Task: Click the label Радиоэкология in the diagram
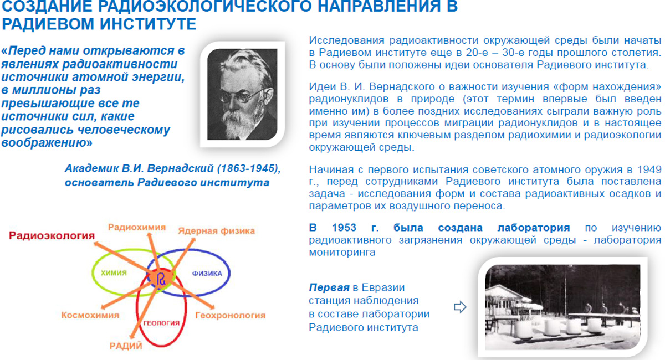[52, 235]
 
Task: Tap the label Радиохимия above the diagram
[137, 227]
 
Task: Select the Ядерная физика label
[217, 231]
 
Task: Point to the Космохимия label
[90, 315]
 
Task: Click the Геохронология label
[231, 315]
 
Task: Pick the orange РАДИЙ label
[126, 346]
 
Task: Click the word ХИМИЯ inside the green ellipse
[114, 273]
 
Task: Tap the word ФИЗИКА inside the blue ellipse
[207, 274]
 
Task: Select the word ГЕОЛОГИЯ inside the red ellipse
[161, 323]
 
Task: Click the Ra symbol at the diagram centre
[161, 279]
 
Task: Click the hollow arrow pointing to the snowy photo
[460, 307]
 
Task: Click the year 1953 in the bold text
[344, 228]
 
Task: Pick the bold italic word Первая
[329, 287]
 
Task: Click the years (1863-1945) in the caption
[249, 168]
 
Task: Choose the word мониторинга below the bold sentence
[342, 253]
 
